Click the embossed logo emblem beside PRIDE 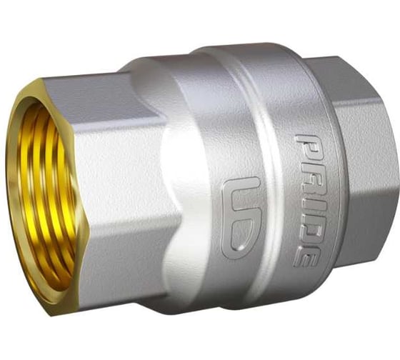point(241,219)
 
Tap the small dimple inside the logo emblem point(240,247)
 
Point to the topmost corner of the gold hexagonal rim point(40,79)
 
